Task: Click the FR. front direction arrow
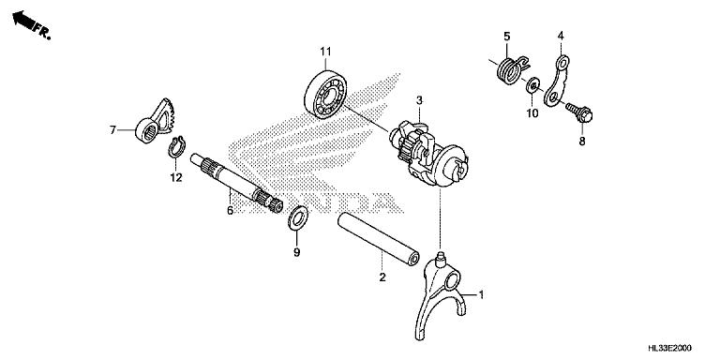[23, 21]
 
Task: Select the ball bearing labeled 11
[325, 95]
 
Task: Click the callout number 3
[419, 99]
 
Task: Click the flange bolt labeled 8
[579, 112]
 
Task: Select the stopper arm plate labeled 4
[557, 81]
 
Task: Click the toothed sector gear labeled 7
[154, 121]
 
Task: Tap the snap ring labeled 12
[176, 147]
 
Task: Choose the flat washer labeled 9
[298, 218]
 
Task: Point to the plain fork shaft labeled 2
[379, 239]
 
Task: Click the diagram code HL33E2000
[669, 348]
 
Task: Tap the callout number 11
[325, 52]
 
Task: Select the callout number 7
[112, 130]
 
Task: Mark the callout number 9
[296, 252]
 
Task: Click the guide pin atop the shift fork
[442, 257]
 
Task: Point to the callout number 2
[382, 277]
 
